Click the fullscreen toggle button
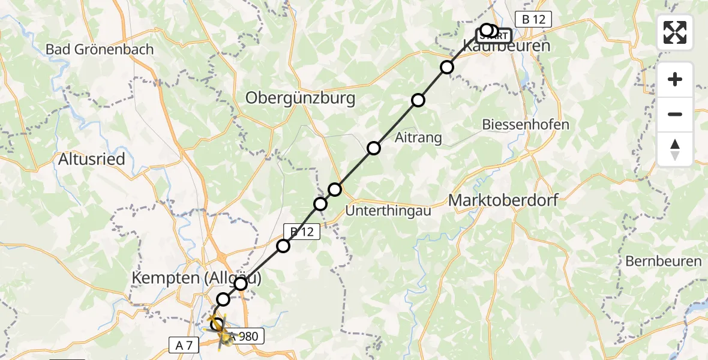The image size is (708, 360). [x=675, y=32]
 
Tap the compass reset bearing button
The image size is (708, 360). [x=675, y=149]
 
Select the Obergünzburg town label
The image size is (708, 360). [x=300, y=98]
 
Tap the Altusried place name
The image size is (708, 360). [x=92, y=159]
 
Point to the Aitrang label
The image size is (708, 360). [x=418, y=137]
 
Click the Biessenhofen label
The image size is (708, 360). [x=526, y=125]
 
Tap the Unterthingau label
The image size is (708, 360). [x=397, y=211]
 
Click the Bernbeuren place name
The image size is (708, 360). [x=663, y=261]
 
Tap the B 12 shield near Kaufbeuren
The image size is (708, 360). [x=533, y=19]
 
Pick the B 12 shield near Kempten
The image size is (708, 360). [x=302, y=231]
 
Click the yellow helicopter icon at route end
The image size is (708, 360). [x=219, y=329]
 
